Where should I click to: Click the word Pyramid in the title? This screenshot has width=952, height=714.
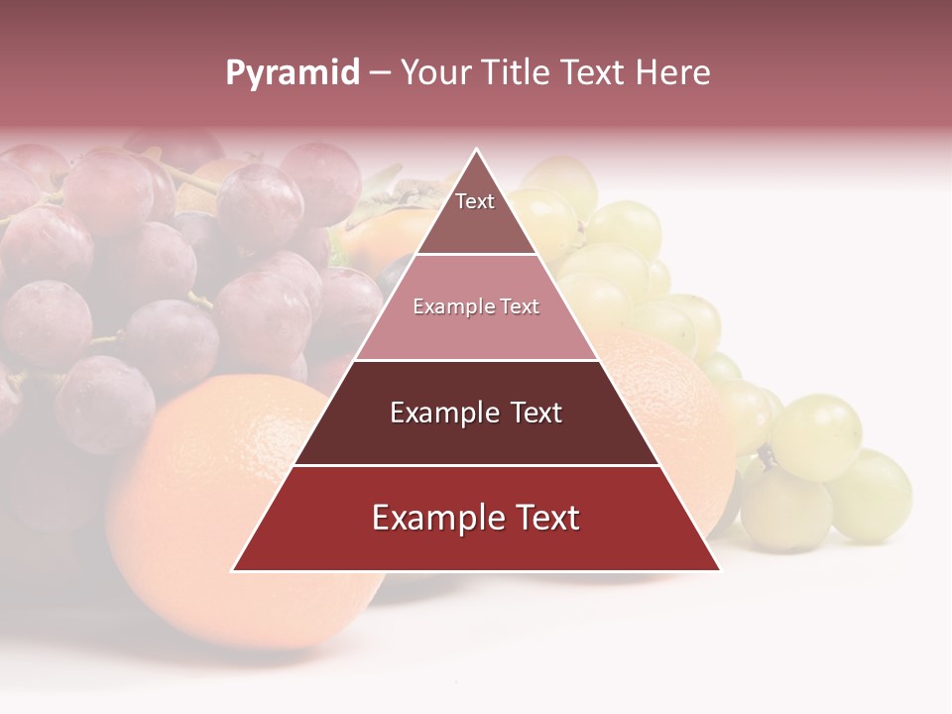click(x=292, y=73)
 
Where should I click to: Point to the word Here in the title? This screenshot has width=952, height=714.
click(x=673, y=73)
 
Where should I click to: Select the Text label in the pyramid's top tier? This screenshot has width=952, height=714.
click(x=475, y=202)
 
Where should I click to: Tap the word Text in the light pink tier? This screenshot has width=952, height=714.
click(x=520, y=307)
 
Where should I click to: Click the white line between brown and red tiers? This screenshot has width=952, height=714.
click(x=476, y=465)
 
